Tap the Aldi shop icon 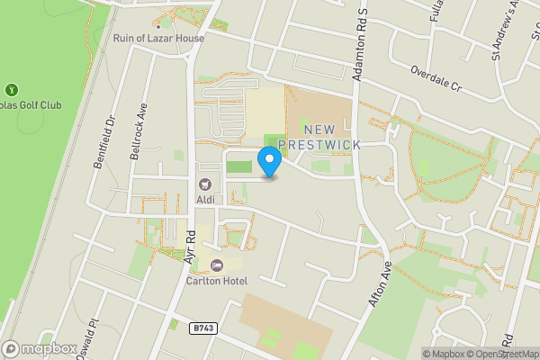pos(204,184)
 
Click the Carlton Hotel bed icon pos(216,265)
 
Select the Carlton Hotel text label pos(217,281)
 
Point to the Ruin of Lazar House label pos(158,39)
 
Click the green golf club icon pos(12,89)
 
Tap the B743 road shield pos(203,329)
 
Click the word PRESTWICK pos(319,144)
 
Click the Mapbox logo pos(39,348)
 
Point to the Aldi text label pos(205,198)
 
